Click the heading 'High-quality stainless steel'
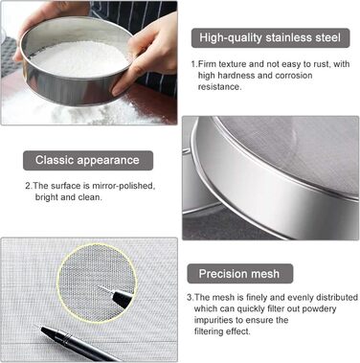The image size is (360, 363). click(x=270, y=37)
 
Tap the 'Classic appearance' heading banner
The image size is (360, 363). click(x=88, y=160)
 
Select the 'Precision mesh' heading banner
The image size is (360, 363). click(x=239, y=274)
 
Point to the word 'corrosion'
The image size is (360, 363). click(x=294, y=76)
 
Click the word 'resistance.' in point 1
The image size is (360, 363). click(x=219, y=87)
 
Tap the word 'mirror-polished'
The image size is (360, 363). click(x=124, y=186)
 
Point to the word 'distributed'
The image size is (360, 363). click(x=337, y=298)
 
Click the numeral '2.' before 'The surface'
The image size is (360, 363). click(x=29, y=186)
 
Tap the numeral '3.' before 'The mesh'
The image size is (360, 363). click(x=191, y=298)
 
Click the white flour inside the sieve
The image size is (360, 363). click(x=79, y=59)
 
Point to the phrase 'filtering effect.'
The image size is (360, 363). click(x=222, y=331)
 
